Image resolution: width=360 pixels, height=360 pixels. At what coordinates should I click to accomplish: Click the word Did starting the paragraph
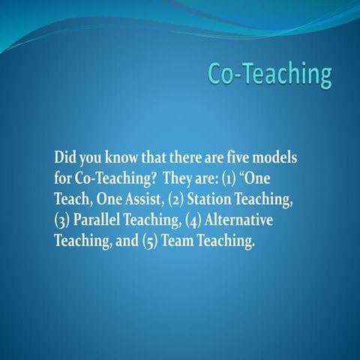65,160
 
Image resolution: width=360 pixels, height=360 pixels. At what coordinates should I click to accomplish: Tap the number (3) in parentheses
61,223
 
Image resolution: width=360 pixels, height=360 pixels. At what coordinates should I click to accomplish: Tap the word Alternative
239,223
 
